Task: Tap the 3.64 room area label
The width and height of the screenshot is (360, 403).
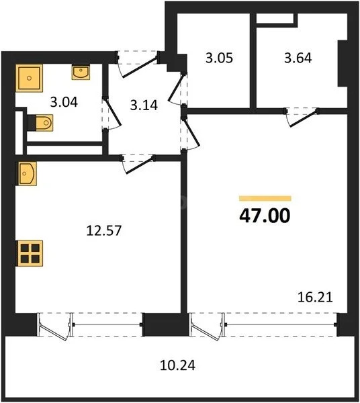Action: coord(298,58)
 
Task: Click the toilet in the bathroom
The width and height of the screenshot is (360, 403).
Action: coord(42,122)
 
